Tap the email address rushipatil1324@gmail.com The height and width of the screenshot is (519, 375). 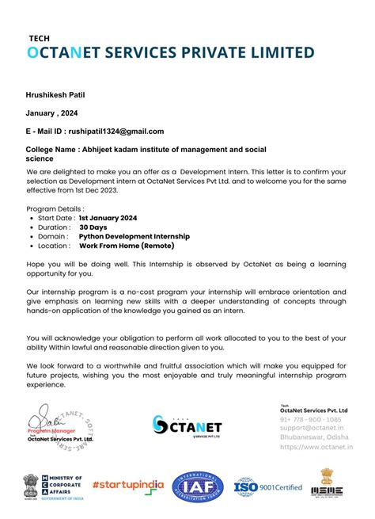coord(116,132)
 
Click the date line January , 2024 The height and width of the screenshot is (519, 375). coord(52,113)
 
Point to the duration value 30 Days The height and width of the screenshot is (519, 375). coord(93,227)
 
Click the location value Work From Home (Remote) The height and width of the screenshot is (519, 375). coord(126,246)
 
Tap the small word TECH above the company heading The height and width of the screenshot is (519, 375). coord(38,37)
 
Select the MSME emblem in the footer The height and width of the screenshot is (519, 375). coord(331,483)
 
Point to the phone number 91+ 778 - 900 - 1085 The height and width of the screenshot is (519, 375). coord(311,418)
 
